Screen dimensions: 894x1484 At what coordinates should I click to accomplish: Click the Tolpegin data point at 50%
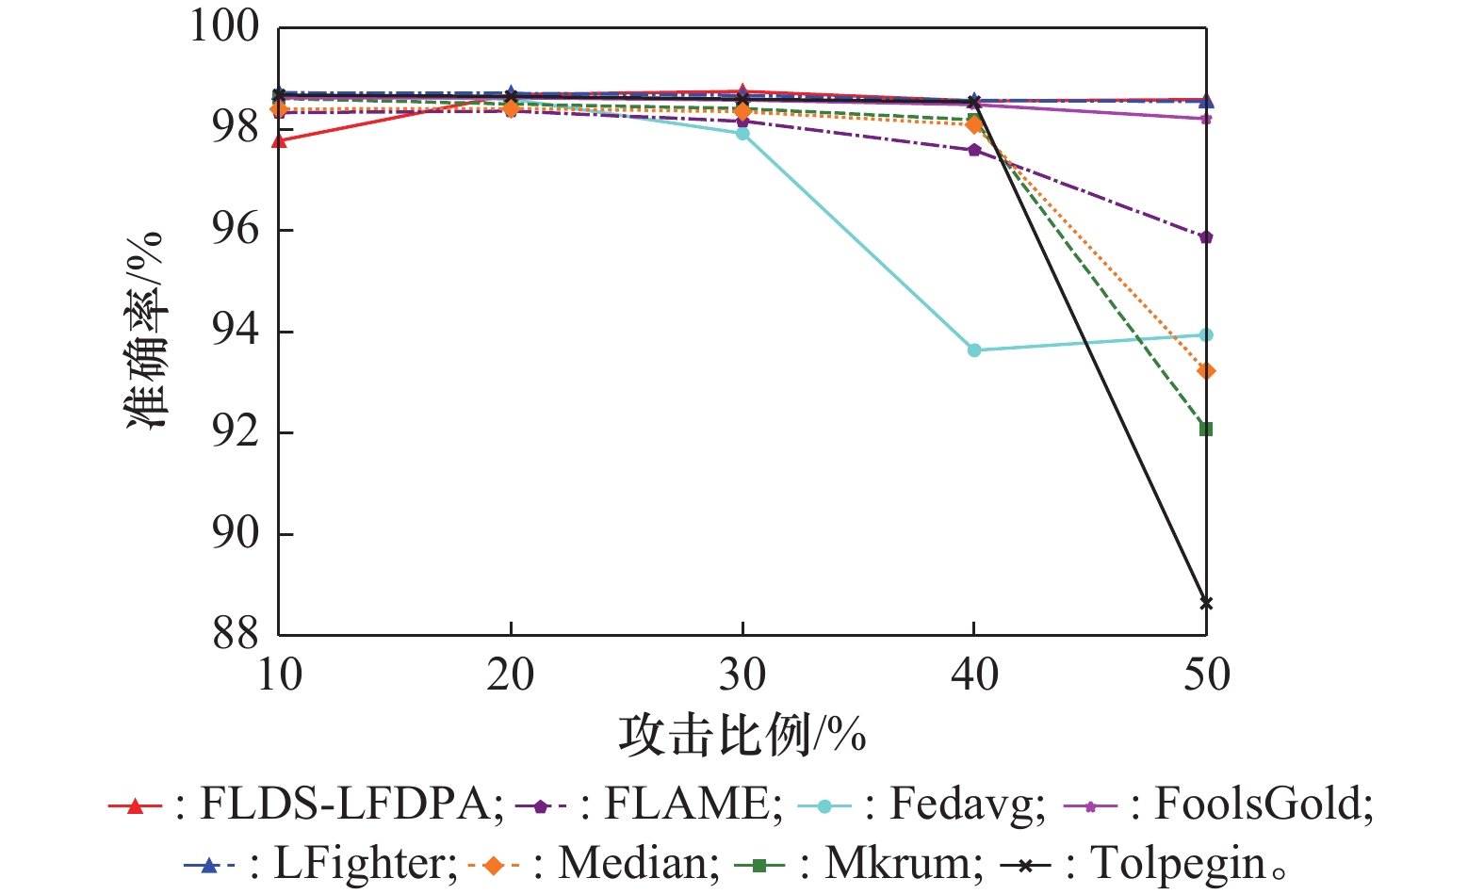(1206, 603)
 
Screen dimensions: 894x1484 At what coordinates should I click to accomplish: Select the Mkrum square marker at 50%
(1206, 430)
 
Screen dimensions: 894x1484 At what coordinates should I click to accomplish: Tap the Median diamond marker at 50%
(1206, 371)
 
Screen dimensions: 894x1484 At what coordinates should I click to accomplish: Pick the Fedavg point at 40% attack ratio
(974, 350)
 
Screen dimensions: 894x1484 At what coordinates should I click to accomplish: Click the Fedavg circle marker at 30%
(742, 134)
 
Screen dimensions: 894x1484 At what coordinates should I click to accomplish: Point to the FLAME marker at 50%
(1206, 237)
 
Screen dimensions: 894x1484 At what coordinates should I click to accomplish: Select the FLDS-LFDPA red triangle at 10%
(279, 141)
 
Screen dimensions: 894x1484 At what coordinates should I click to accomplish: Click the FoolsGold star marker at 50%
(1206, 119)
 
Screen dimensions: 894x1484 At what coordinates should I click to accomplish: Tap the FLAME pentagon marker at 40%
(974, 150)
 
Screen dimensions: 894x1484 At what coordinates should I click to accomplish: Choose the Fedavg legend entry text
(967, 805)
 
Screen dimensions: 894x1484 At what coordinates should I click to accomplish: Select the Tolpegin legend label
(1178, 863)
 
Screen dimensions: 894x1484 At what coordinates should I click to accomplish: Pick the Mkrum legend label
(903, 863)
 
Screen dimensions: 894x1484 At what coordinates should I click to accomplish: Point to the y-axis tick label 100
(224, 26)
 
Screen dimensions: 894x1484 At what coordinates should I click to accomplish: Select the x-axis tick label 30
(742, 675)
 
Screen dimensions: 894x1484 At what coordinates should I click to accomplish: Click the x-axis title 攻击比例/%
(742, 735)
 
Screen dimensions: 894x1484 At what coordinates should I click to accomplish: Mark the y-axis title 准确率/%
(146, 331)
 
